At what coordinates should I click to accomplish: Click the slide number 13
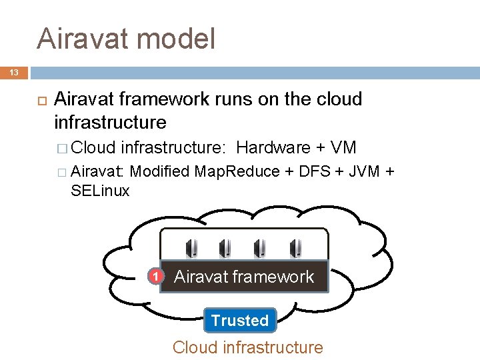14,72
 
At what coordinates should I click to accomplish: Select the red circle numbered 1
155,276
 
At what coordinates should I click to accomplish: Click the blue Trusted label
240,320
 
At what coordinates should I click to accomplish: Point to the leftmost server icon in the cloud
191,249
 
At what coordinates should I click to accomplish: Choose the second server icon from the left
225,249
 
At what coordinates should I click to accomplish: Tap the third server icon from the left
261,249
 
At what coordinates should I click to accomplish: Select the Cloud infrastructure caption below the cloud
247,347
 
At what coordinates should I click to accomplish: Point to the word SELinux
100,191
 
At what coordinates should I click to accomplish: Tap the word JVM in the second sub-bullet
365,171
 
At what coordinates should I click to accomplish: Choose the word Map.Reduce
237,171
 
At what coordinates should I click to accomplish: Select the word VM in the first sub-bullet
343,147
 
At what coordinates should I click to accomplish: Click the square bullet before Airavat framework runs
41,100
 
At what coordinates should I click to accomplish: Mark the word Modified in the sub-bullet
159,171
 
